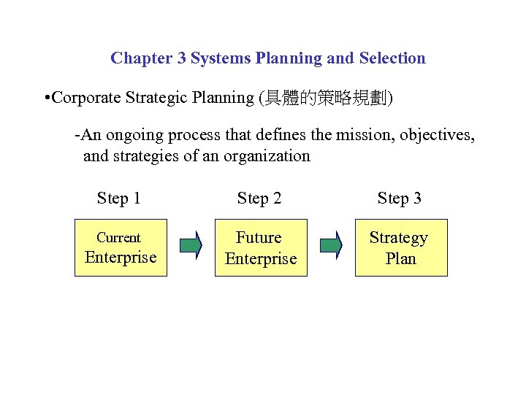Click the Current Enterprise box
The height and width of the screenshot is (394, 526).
pyautogui.click(x=121, y=247)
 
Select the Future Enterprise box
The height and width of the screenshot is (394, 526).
pyautogui.click(x=261, y=247)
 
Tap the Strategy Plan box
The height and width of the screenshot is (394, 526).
pyautogui.click(x=401, y=247)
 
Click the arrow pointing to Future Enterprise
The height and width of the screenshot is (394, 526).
pyautogui.click(x=191, y=245)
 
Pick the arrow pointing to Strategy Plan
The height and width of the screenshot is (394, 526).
pyautogui.click(x=331, y=245)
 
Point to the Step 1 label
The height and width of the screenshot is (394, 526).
pyautogui.click(x=119, y=198)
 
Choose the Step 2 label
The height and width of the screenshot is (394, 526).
pyautogui.click(x=259, y=198)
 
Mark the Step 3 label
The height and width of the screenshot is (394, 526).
pyautogui.click(x=400, y=198)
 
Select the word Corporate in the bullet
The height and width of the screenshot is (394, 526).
pyautogui.click(x=85, y=98)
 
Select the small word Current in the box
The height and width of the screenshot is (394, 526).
pyautogui.click(x=118, y=238)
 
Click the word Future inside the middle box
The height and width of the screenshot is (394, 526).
pyautogui.click(x=259, y=238)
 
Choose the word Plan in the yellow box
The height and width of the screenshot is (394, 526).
pyautogui.click(x=400, y=258)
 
